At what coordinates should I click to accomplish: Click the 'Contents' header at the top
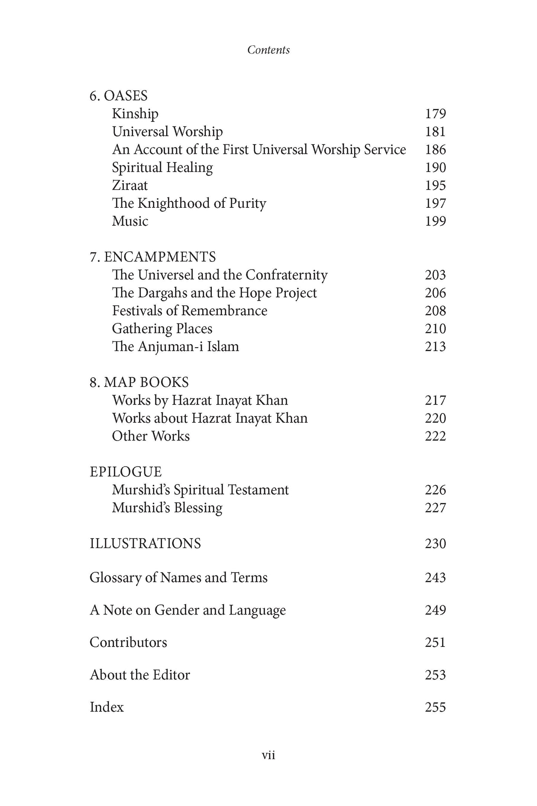coord(268,50)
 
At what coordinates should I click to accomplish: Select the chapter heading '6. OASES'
coord(119,96)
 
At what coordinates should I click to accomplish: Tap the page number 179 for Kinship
coord(435,114)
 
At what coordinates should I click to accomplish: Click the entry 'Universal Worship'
coord(167,132)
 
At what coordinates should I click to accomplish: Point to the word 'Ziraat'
coord(130,186)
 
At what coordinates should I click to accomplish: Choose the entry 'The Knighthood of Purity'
coord(189,203)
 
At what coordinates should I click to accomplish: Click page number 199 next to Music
coord(435,221)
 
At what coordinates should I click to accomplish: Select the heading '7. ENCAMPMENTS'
coord(153,257)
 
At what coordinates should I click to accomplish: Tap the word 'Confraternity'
coord(287,275)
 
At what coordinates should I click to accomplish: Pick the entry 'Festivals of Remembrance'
coord(190,311)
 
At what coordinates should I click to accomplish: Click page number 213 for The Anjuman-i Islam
coord(435,346)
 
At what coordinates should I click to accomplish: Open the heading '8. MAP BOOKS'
coord(139,383)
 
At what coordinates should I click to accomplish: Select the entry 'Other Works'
coord(151,436)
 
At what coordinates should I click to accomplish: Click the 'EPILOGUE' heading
coord(126,472)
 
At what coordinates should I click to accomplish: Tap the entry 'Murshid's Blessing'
coord(167,508)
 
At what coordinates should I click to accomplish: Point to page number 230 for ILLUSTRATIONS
coord(435,544)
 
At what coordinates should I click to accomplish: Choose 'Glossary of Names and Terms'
coord(178,578)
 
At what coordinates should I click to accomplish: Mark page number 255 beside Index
coord(435,707)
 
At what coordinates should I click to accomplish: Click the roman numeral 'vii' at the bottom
coord(268,755)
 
